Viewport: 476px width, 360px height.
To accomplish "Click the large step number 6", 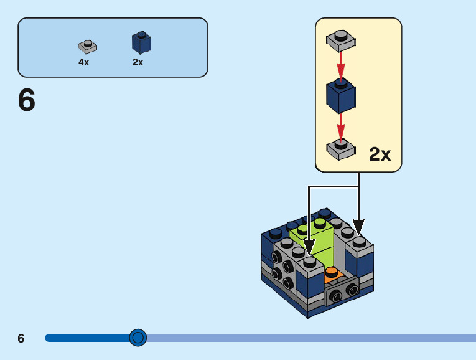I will click(x=27, y=100).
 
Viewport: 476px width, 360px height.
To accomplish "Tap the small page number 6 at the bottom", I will click(x=21, y=338).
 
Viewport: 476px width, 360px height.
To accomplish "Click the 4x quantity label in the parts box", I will click(x=84, y=62).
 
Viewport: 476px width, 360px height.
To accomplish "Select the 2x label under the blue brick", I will click(x=138, y=62).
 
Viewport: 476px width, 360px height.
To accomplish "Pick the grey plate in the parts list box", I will click(x=87, y=46).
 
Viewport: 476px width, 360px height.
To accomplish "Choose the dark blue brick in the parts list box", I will click(x=141, y=42).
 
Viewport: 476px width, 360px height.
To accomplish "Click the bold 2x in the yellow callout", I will click(x=380, y=154).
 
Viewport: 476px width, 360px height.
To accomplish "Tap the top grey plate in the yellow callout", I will click(x=340, y=40).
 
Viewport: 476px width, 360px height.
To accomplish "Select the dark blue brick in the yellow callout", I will click(x=341, y=96).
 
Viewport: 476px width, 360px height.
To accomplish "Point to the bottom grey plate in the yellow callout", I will click(x=340, y=149).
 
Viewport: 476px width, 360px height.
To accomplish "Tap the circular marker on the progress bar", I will click(x=138, y=338).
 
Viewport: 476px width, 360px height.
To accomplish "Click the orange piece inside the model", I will click(x=332, y=274).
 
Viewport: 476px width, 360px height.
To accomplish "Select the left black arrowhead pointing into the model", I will click(x=309, y=248).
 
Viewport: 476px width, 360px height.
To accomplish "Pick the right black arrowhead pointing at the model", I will click(x=358, y=227).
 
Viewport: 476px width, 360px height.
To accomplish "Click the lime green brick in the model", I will click(x=317, y=240).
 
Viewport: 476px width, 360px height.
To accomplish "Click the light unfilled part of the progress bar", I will click(x=311, y=338).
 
